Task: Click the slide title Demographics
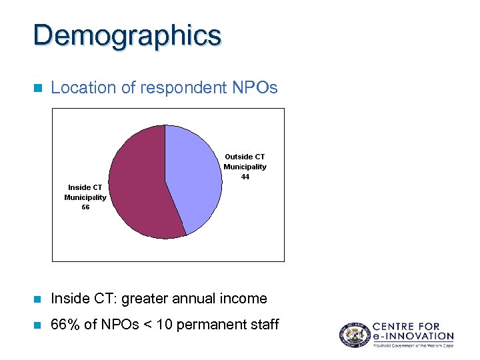[x=127, y=35]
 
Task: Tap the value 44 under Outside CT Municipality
[x=245, y=177]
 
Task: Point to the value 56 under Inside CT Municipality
[x=85, y=207]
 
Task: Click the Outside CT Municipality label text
[x=245, y=162]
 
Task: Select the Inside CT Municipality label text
[x=85, y=193]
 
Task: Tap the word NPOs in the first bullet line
[x=254, y=87]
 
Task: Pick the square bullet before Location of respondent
[x=37, y=88]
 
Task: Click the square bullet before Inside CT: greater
[x=37, y=299]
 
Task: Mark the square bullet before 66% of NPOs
[x=37, y=325]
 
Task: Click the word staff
[x=263, y=325]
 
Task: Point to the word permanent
[x=203, y=325]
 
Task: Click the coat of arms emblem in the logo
[x=353, y=335]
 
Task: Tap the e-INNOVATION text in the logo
[x=413, y=337]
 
